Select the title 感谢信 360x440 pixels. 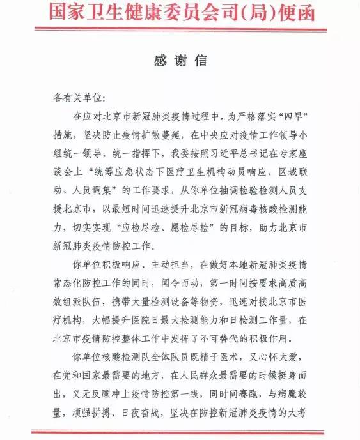click(x=180, y=60)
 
